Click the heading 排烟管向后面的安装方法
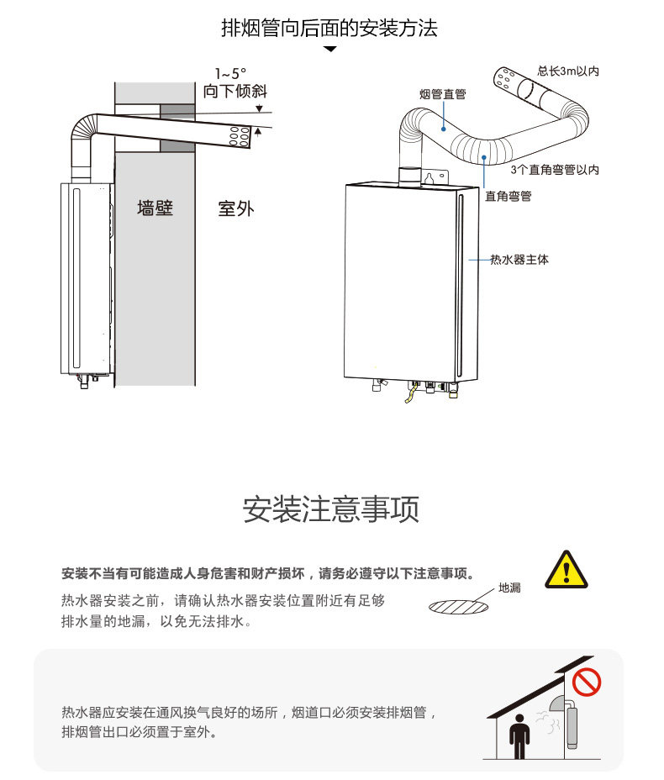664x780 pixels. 329,28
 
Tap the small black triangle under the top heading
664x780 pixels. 329,49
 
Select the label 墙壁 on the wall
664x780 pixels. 155,208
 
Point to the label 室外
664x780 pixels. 235,208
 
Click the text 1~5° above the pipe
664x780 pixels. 230,74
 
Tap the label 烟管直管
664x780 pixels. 442,94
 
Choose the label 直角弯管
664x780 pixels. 508,196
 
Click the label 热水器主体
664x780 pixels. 519,259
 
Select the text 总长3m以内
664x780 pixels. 568,71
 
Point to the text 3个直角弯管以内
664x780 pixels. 555,170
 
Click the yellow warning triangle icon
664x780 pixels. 566,570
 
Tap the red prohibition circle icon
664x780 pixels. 587,682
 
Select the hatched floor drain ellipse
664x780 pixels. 458,607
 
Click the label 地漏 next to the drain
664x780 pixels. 509,588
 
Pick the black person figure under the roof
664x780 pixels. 519,736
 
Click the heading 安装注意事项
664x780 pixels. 331,509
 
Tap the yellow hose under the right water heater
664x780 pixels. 411,393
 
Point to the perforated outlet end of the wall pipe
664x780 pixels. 239,136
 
